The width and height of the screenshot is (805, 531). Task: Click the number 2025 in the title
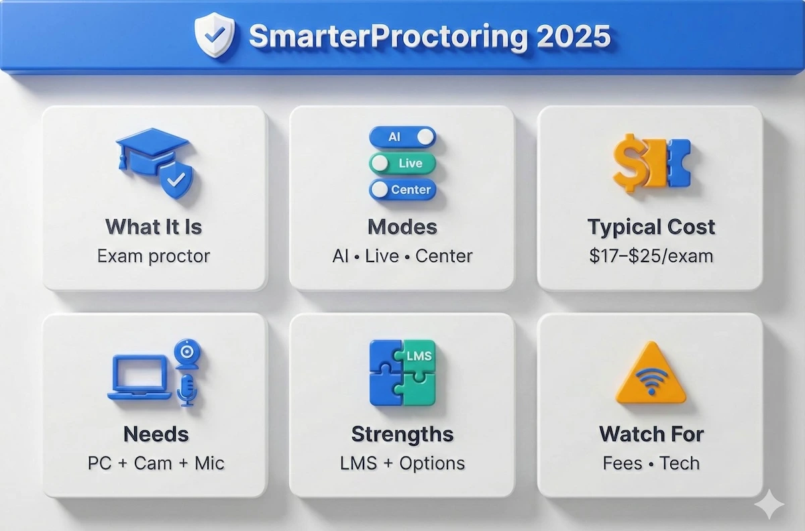(574, 37)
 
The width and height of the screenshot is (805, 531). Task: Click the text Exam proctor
(154, 255)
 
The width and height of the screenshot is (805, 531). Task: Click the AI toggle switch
(402, 137)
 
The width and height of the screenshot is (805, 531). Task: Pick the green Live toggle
(402, 163)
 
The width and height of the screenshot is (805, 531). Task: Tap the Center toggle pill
(402, 189)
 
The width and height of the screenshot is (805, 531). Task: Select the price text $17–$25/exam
(651, 255)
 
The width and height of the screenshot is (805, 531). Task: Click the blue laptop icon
(140, 377)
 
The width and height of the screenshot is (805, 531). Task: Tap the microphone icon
(186, 389)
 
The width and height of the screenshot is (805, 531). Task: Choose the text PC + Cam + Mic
(156, 463)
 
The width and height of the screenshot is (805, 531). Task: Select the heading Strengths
(402, 434)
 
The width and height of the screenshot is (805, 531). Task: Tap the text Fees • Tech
(651, 463)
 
